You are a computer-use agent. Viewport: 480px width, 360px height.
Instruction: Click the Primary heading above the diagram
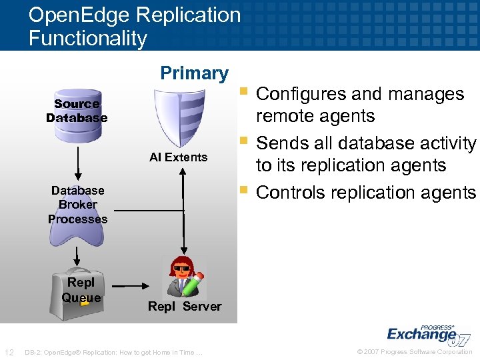click(x=194, y=73)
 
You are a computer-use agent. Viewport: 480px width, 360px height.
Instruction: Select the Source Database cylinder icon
click(x=77, y=111)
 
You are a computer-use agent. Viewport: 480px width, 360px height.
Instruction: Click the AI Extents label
click(x=178, y=157)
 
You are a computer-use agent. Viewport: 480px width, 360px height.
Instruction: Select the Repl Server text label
click(x=184, y=306)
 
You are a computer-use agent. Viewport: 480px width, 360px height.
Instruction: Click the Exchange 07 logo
click(x=427, y=333)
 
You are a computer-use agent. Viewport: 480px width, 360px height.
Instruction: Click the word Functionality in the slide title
click(x=87, y=38)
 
